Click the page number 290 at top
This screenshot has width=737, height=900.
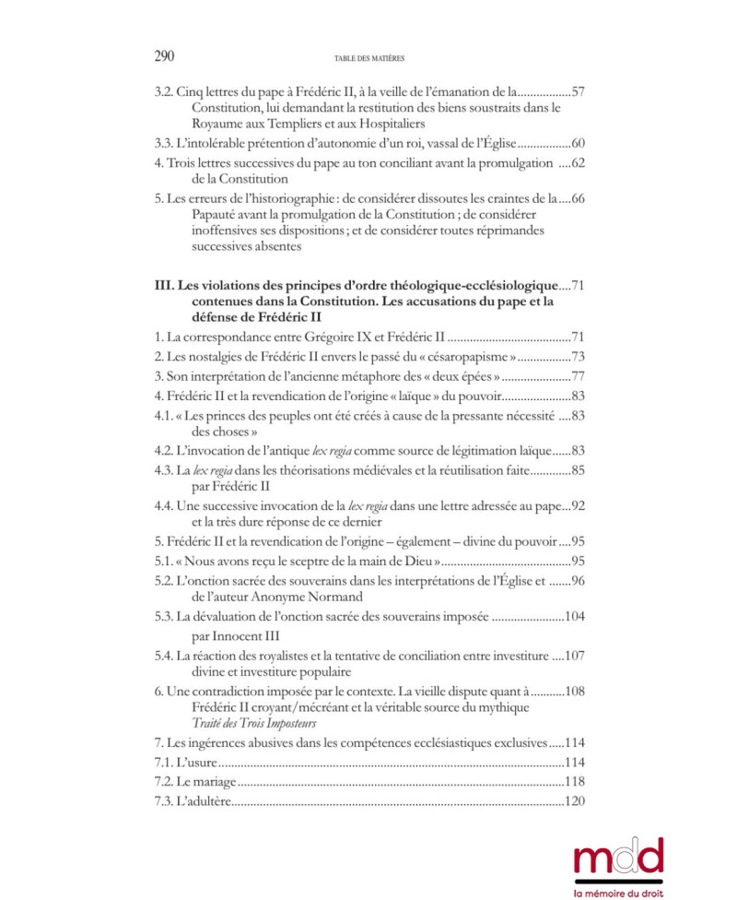(164, 57)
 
